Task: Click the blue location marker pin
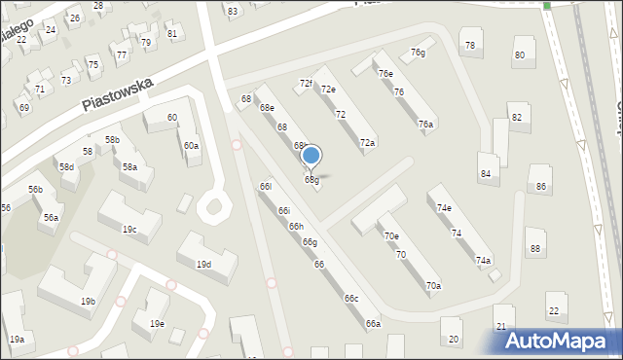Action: (311, 156)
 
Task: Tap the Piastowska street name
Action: (118, 94)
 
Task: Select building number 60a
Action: (192, 146)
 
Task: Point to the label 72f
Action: (306, 84)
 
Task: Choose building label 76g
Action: (418, 53)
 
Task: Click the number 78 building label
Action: (470, 46)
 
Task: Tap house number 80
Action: (519, 54)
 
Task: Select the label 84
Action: (485, 173)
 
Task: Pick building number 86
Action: (539, 186)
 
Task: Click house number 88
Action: (534, 249)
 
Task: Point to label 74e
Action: (444, 208)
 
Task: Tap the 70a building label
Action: (433, 286)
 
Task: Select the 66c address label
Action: (350, 299)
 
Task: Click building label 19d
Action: (203, 265)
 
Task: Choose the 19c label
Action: (128, 230)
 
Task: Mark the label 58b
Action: (113, 140)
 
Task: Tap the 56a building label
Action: (50, 218)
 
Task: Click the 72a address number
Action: (367, 143)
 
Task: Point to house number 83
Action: (232, 11)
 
